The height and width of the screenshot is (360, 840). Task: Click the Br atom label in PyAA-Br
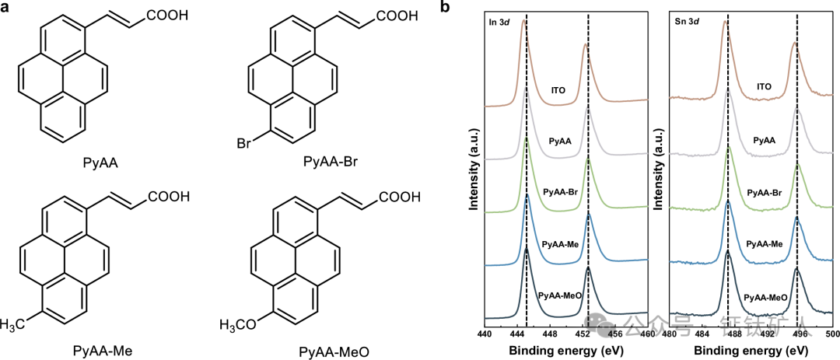[x=245, y=143]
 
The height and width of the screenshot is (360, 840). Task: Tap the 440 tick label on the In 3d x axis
[x=484, y=334]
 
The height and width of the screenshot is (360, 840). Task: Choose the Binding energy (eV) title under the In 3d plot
[x=565, y=349]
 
